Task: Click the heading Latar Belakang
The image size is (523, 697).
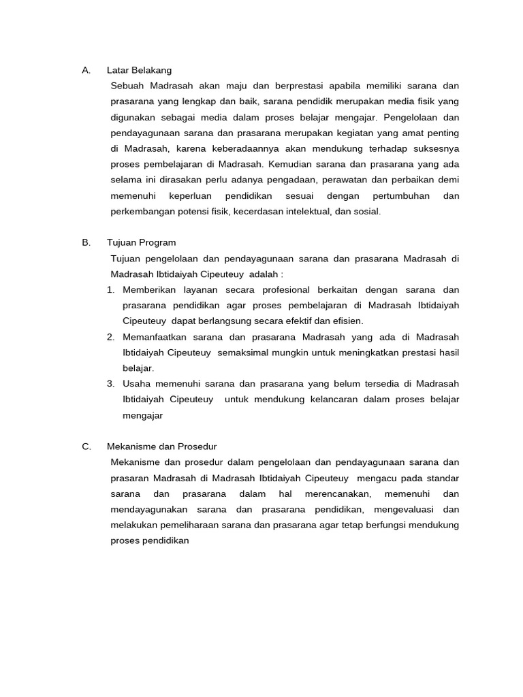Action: point(139,70)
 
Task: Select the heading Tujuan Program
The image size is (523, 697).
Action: point(141,242)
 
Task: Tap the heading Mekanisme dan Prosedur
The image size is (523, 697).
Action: point(161,447)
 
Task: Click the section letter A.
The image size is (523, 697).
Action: point(85,70)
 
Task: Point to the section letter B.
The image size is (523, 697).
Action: point(85,242)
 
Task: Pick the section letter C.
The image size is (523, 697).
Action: point(86,447)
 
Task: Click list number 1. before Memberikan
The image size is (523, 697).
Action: point(110,289)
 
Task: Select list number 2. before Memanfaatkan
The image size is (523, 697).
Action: point(110,337)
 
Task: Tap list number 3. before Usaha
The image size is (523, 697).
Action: point(110,384)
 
